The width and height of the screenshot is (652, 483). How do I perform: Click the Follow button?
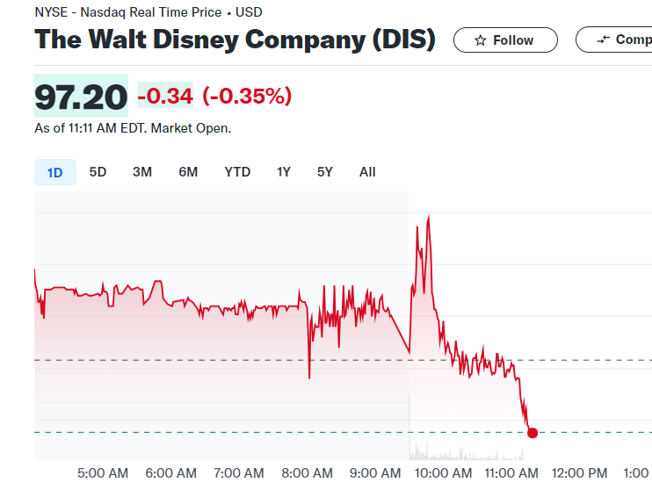[x=505, y=40]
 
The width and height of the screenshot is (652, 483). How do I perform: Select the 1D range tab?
[x=54, y=172]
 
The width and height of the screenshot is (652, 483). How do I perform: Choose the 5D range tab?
[x=98, y=172]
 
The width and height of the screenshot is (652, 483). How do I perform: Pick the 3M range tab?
[x=142, y=172]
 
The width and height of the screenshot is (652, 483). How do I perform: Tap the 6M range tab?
[x=188, y=172]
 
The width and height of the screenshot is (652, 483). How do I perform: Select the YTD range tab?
[x=237, y=172]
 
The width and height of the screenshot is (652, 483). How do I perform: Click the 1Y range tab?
[x=283, y=172]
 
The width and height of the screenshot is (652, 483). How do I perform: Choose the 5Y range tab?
[x=325, y=172]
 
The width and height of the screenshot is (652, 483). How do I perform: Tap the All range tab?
[x=367, y=172]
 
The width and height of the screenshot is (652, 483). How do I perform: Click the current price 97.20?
[x=81, y=97]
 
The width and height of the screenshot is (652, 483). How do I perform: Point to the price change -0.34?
[x=165, y=97]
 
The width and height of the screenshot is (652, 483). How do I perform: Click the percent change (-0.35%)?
[x=247, y=97]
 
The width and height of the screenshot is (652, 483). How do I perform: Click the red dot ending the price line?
[x=532, y=432]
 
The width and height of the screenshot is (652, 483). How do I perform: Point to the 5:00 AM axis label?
[x=103, y=472]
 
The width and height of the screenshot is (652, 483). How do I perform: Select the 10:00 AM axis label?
[x=443, y=472]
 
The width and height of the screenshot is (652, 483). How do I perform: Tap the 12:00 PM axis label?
[x=580, y=472]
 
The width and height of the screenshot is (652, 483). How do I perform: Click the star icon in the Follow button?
[x=481, y=40]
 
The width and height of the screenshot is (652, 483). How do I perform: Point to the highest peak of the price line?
[x=428, y=217]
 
